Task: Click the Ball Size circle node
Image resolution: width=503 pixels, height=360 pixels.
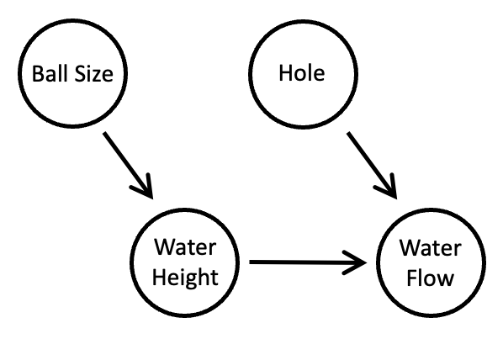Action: (72, 74)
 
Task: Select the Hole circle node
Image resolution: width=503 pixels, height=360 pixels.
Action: (301, 74)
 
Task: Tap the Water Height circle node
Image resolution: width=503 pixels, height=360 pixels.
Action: (186, 262)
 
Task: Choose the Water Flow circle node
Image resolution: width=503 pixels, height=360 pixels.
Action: (430, 262)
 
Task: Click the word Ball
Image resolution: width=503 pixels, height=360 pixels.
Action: (50, 73)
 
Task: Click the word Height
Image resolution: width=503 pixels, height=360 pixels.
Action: (186, 278)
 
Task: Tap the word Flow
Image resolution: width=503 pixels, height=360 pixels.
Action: (430, 278)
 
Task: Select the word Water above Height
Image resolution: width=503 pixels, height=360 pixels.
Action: (186, 249)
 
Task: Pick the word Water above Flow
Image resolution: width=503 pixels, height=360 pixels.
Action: (430, 249)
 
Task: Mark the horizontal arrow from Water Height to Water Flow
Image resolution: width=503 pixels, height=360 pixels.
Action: (307, 262)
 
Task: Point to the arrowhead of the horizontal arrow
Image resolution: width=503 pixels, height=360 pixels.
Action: (360, 262)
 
